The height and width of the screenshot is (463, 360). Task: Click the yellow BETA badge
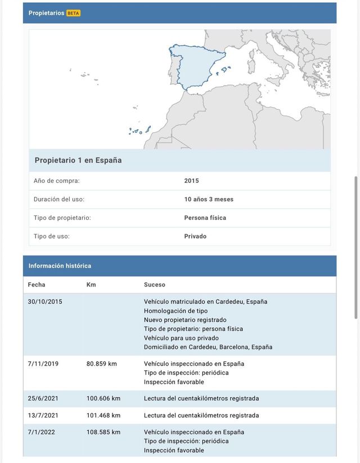click(73, 13)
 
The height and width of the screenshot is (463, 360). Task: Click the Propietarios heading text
click(46, 13)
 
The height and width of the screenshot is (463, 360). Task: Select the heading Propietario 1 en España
click(78, 160)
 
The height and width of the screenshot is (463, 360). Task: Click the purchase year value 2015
click(191, 181)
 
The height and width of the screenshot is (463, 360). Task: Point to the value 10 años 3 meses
click(209, 199)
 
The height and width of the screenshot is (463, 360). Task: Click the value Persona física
click(205, 218)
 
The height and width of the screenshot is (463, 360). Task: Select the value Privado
click(195, 236)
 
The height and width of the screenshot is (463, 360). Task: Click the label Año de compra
click(56, 181)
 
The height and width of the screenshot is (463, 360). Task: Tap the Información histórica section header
click(60, 266)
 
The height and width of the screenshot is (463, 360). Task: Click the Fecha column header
click(37, 285)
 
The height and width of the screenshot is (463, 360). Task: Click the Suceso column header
click(155, 285)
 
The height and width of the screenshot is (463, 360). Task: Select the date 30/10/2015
click(45, 302)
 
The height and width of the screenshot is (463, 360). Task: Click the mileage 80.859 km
click(102, 364)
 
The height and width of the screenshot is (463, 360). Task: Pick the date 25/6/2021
click(43, 398)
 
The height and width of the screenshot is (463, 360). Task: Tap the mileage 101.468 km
click(103, 416)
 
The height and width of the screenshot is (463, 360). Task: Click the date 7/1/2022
click(42, 432)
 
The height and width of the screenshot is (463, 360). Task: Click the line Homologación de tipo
click(175, 311)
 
